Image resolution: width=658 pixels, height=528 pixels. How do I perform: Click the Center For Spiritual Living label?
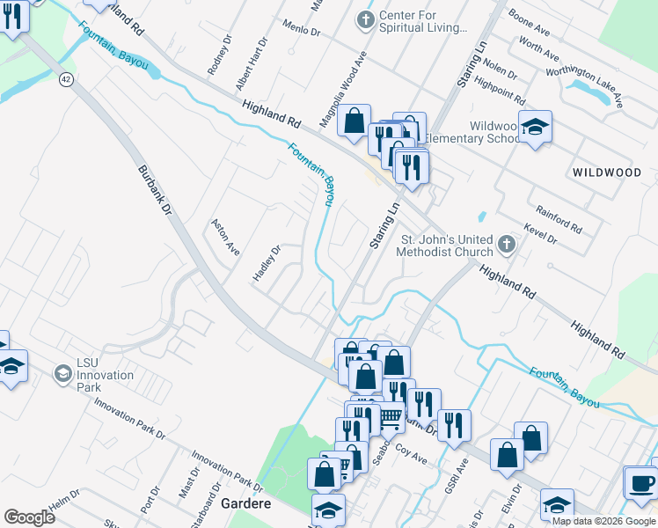[x=422, y=22]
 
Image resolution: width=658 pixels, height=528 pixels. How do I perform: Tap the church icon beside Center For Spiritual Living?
[x=366, y=18]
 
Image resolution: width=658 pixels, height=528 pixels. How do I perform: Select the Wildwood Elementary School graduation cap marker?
[x=535, y=128]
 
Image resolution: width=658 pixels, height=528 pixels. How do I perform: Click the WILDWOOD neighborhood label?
[x=607, y=172]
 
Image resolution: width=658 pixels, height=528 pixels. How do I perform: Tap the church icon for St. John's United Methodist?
[x=505, y=243]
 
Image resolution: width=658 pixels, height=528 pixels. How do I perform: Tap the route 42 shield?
[x=66, y=79]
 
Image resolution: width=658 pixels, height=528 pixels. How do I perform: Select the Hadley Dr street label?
[x=266, y=262]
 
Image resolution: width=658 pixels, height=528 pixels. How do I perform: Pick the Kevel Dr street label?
[x=539, y=232]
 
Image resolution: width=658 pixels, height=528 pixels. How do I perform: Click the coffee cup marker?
[x=640, y=483]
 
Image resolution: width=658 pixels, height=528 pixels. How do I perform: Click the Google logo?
[x=29, y=517]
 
